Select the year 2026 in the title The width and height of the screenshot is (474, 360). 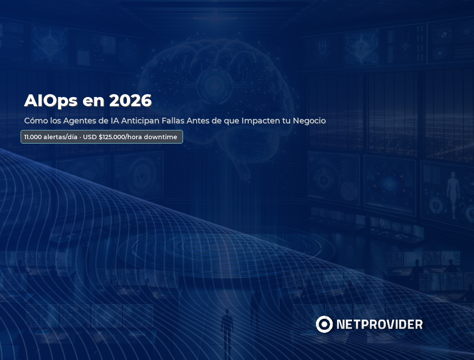click(x=130, y=101)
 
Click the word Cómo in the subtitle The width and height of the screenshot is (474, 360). click(x=35, y=121)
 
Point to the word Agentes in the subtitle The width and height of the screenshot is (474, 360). click(x=78, y=121)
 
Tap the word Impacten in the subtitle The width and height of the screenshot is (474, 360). click(x=261, y=121)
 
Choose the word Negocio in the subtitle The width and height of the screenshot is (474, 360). click(x=309, y=121)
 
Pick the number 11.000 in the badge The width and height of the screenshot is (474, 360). click(x=33, y=137)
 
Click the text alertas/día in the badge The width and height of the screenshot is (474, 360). click(x=60, y=137)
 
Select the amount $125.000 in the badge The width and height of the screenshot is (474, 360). click(x=112, y=137)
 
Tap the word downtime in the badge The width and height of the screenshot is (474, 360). click(x=161, y=137)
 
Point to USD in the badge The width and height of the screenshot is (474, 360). click(x=90, y=137)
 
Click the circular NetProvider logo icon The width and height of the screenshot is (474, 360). click(x=324, y=324)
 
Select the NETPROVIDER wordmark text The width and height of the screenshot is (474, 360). click(x=380, y=324)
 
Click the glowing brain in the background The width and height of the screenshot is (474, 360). click(x=215, y=88)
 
